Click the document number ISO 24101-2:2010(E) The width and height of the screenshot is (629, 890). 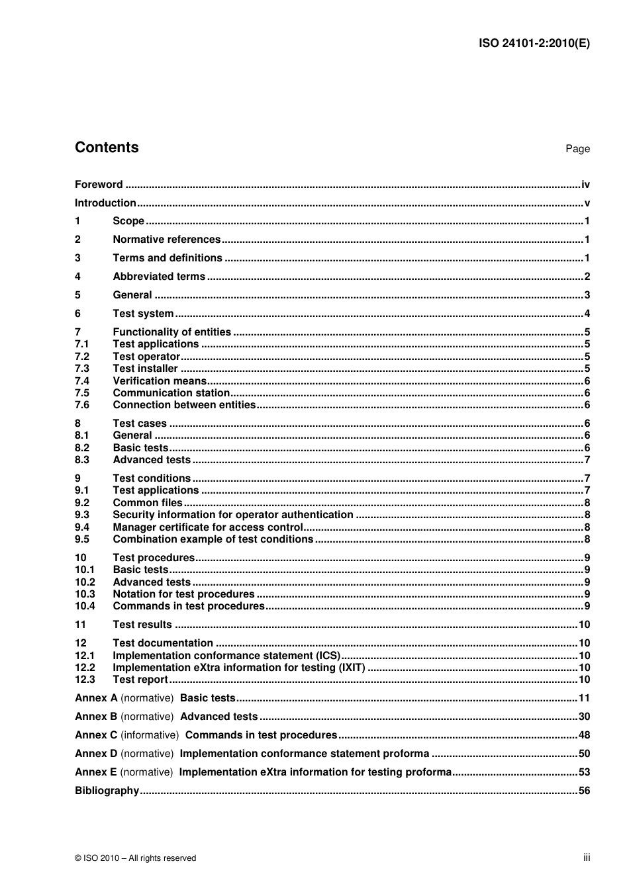click(x=534, y=44)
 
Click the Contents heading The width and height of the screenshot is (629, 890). click(x=107, y=148)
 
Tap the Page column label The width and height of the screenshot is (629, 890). click(x=577, y=149)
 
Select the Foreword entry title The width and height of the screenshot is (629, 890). click(x=99, y=185)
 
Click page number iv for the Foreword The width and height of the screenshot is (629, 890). click(x=585, y=185)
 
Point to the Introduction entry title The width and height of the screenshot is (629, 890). click(x=105, y=203)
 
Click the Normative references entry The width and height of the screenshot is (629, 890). click(x=166, y=240)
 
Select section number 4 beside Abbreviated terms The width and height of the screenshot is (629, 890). click(x=77, y=277)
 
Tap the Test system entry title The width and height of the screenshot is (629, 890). click(x=143, y=314)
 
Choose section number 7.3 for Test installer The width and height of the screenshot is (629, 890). click(x=82, y=369)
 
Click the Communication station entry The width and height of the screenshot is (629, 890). click(x=171, y=393)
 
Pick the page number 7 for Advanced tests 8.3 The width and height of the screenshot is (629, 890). click(x=587, y=460)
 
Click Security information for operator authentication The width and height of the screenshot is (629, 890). click(x=232, y=515)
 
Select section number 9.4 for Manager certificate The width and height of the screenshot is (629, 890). click(x=82, y=527)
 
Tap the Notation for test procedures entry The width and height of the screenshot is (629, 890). click(x=183, y=594)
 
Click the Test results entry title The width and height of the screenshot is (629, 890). click(x=142, y=625)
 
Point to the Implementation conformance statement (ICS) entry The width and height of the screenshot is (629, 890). click(x=226, y=656)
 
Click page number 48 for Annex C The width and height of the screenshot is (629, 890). click(x=584, y=735)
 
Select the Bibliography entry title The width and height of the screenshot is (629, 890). click(x=107, y=791)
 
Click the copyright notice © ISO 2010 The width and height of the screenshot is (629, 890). click(x=135, y=858)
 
